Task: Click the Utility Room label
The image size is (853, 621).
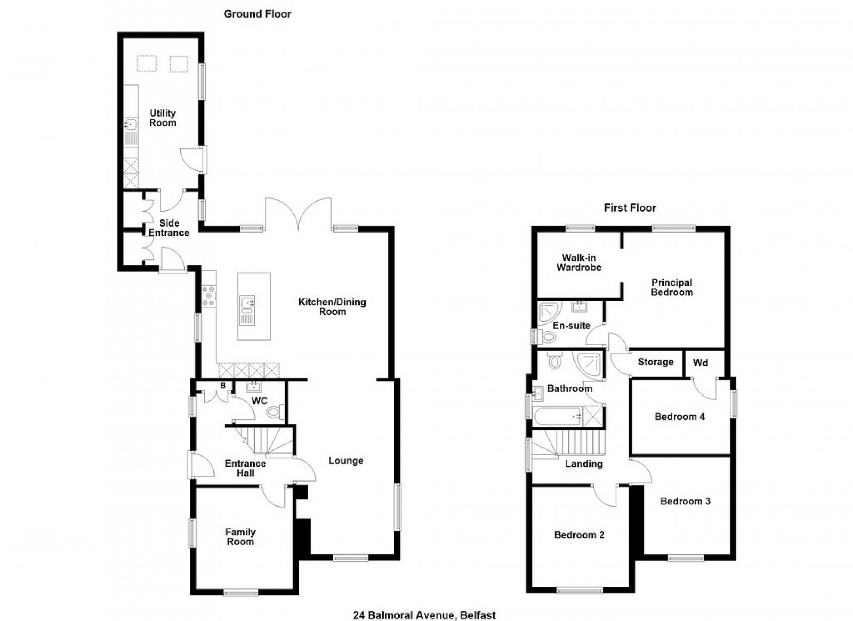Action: point(163,118)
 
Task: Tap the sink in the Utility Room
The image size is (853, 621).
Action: point(131,125)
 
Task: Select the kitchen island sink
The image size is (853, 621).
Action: point(247,303)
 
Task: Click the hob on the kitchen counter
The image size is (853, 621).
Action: point(209,296)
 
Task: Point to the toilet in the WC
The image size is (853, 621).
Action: point(275,411)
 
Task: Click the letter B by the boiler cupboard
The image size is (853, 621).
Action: point(223,386)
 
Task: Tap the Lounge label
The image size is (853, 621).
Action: point(346,460)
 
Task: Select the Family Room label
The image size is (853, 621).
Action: point(240,537)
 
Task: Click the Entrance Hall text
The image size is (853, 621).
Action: point(245,468)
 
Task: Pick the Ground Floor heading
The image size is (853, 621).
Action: point(257,14)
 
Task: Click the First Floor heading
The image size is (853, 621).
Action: point(630,208)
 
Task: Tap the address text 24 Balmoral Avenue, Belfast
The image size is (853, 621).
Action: point(424,615)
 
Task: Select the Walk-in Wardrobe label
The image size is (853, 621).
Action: point(579,262)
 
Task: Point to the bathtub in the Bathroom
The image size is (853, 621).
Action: point(558,416)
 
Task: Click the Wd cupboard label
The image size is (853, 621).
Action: point(701,362)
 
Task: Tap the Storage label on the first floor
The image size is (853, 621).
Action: point(655,362)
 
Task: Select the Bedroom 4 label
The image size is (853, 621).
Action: point(679,417)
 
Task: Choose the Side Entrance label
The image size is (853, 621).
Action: point(168,228)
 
